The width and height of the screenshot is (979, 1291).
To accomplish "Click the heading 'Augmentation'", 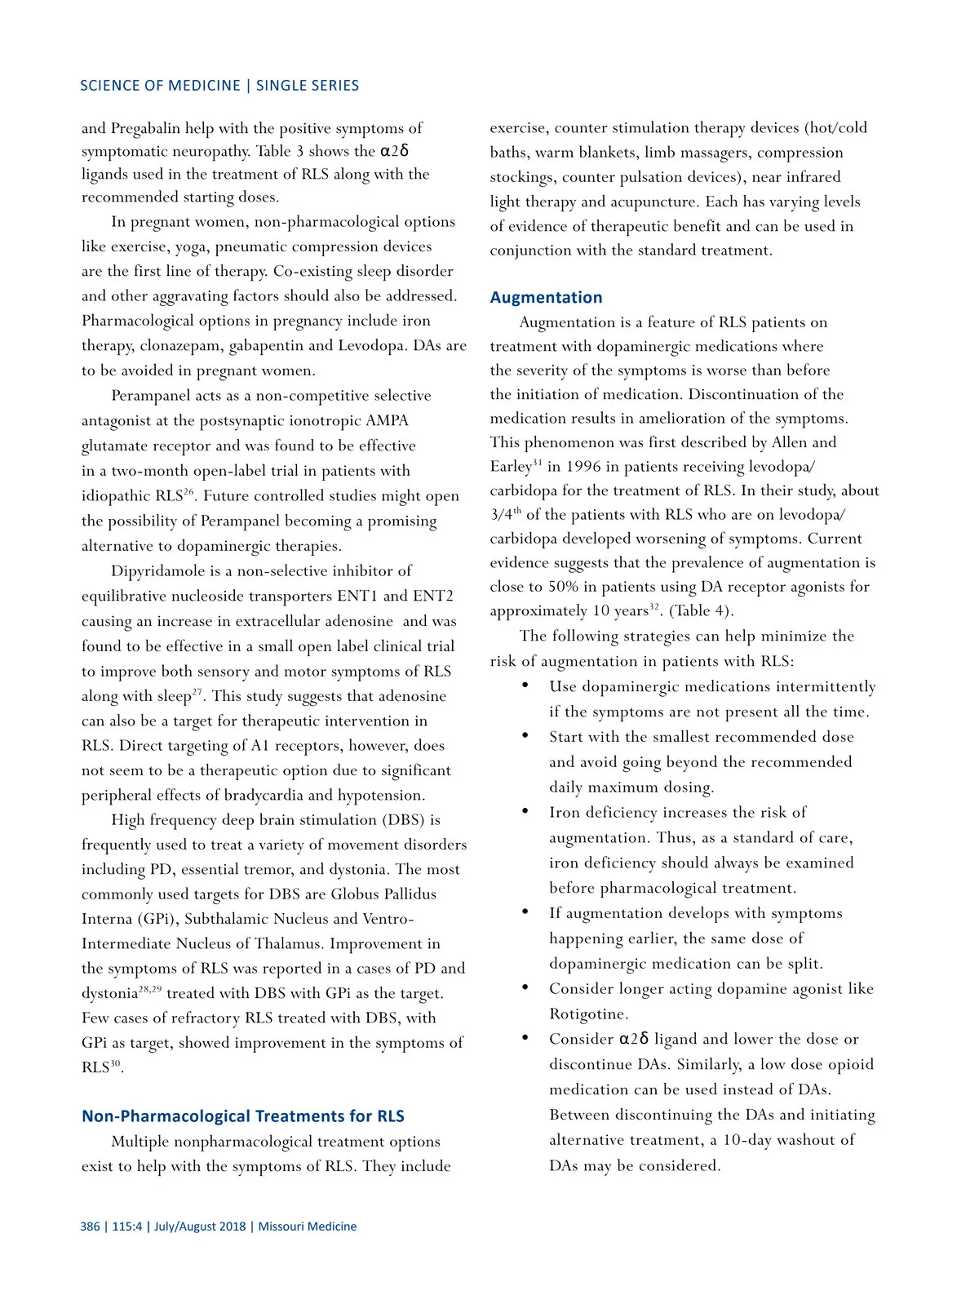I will [546, 298].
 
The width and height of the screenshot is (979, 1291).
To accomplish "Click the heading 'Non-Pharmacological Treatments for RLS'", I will [242, 1116].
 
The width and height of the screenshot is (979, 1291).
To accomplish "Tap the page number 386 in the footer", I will [90, 1227].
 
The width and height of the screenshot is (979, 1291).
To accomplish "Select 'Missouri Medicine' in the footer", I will [308, 1227].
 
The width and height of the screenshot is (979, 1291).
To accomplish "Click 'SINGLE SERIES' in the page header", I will [308, 86].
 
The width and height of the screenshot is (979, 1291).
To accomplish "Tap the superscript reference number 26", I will [188, 491].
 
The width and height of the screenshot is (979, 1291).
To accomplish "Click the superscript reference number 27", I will [197, 692].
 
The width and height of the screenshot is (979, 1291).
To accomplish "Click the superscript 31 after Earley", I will [537, 463].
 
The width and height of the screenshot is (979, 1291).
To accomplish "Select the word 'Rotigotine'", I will [588, 1014].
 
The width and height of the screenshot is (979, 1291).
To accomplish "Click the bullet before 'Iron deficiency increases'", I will [526, 811].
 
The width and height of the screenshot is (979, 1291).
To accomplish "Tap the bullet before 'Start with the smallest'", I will [526, 735].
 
